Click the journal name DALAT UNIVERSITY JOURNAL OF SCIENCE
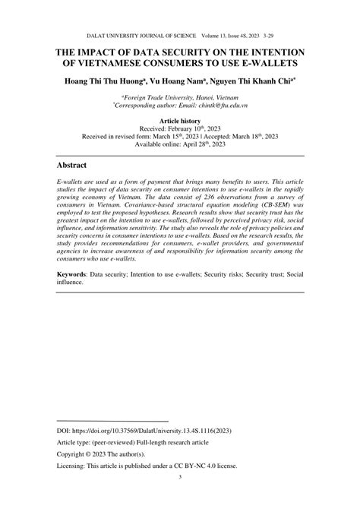point(141,36)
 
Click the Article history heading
point(180,122)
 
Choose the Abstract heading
point(73,165)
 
